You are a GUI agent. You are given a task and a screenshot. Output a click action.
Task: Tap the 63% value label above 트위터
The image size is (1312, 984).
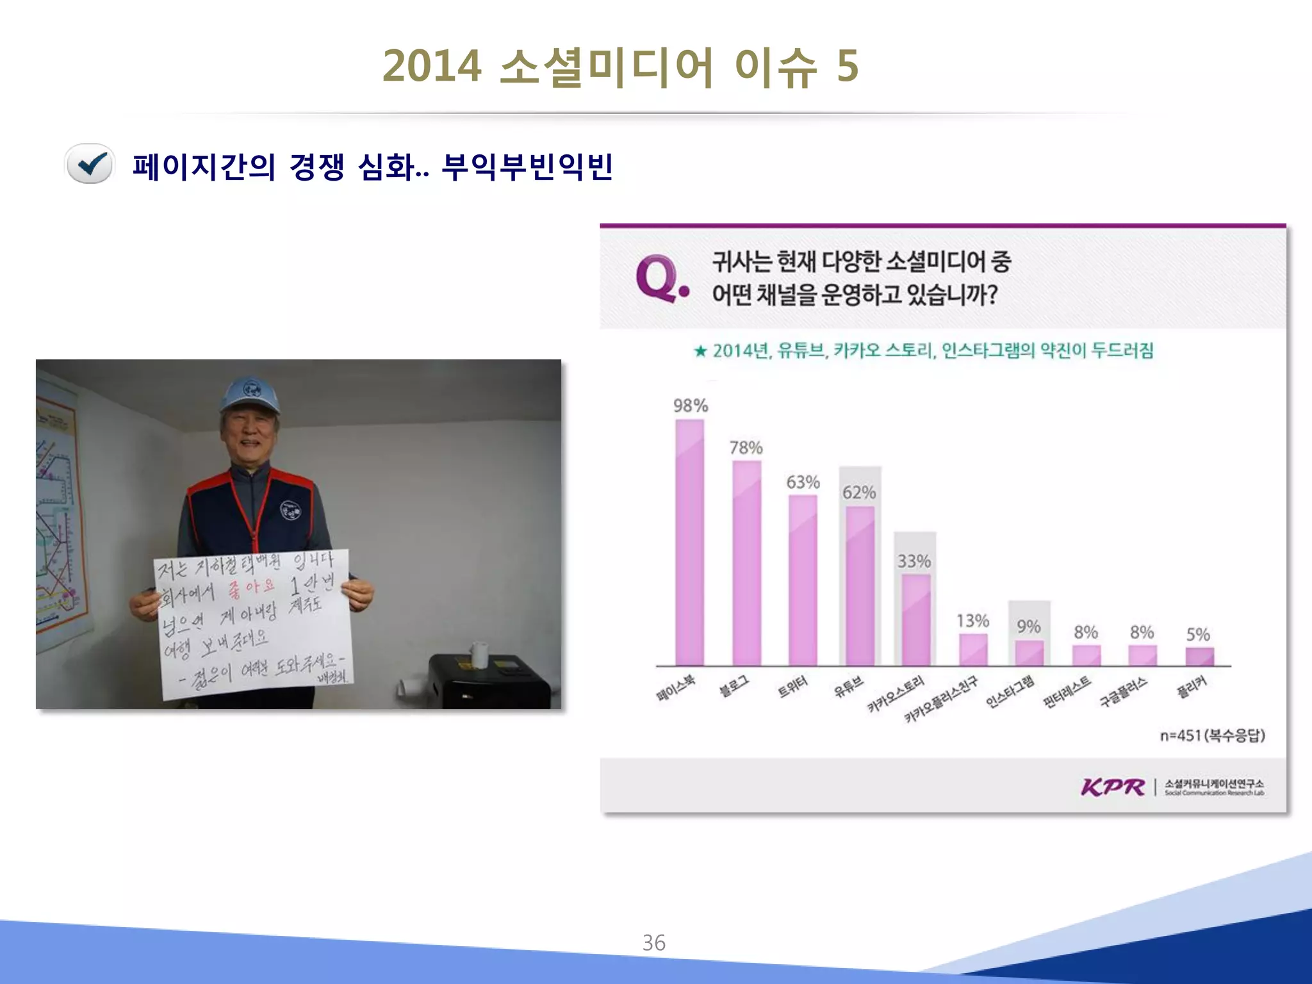point(803,482)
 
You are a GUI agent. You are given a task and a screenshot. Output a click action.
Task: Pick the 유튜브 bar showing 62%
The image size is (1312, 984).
point(860,586)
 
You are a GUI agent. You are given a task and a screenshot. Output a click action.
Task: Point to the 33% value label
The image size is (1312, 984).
point(914,561)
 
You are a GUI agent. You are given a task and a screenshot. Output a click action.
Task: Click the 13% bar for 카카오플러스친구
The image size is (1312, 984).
point(972,650)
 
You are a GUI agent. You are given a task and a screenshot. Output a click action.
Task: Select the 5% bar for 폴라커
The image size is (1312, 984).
point(1199,657)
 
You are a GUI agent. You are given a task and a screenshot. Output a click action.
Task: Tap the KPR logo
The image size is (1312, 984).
point(1113,787)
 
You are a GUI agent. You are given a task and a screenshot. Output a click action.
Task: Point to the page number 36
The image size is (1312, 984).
point(653,942)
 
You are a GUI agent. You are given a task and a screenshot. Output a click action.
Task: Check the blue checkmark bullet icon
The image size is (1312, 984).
point(90,164)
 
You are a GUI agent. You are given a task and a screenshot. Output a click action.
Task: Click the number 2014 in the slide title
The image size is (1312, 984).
point(432,66)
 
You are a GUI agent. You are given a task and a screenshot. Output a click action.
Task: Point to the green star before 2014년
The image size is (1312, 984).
point(700,351)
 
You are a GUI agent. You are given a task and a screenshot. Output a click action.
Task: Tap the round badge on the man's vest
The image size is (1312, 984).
point(290,511)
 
